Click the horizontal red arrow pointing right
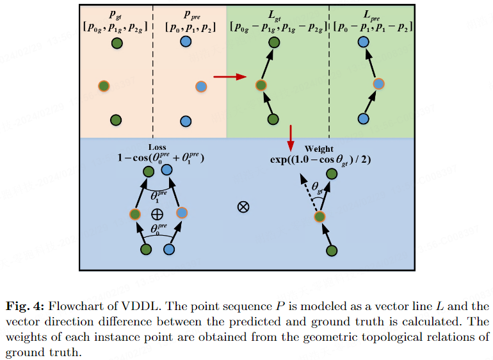point(230,76)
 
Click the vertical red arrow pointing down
point(291,138)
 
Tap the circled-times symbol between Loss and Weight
point(243,207)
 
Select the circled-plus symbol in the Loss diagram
point(158,215)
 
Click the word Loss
point(158,147)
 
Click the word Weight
point(319,149)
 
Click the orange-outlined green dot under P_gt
point(104,86)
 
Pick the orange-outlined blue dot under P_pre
point(201,86)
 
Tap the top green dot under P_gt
point(117,43)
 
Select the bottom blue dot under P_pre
point(186,121)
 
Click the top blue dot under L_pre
point(364,42)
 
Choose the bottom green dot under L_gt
point(273,119)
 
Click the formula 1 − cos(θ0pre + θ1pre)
point(161,158)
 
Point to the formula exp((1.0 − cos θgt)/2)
point(320,160)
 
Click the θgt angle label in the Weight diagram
point(317,187)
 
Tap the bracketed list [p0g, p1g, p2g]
point(115,28)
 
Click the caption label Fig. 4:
point(25,306)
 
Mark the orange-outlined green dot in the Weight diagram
point(319,217)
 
